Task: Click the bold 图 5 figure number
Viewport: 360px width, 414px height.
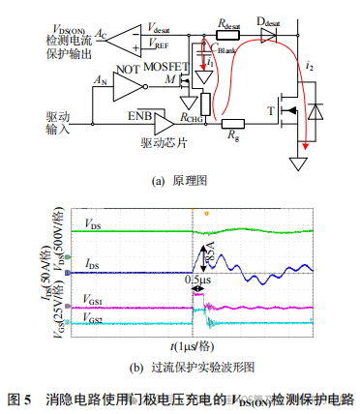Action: [20, 399]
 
